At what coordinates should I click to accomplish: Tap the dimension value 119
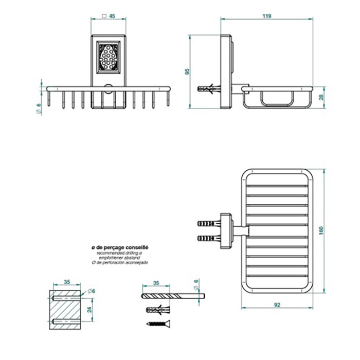pyautogui.click(x=266, y=16)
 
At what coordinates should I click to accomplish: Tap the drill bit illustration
pyautogui.click(x=172, y=296)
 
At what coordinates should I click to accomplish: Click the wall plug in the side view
pyautogui.click(x=209, y=88)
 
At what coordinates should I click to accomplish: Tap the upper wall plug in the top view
pyautogui.click(x=209, y=224)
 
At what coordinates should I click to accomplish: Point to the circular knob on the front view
pyautogui.click(x=108, y=88)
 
